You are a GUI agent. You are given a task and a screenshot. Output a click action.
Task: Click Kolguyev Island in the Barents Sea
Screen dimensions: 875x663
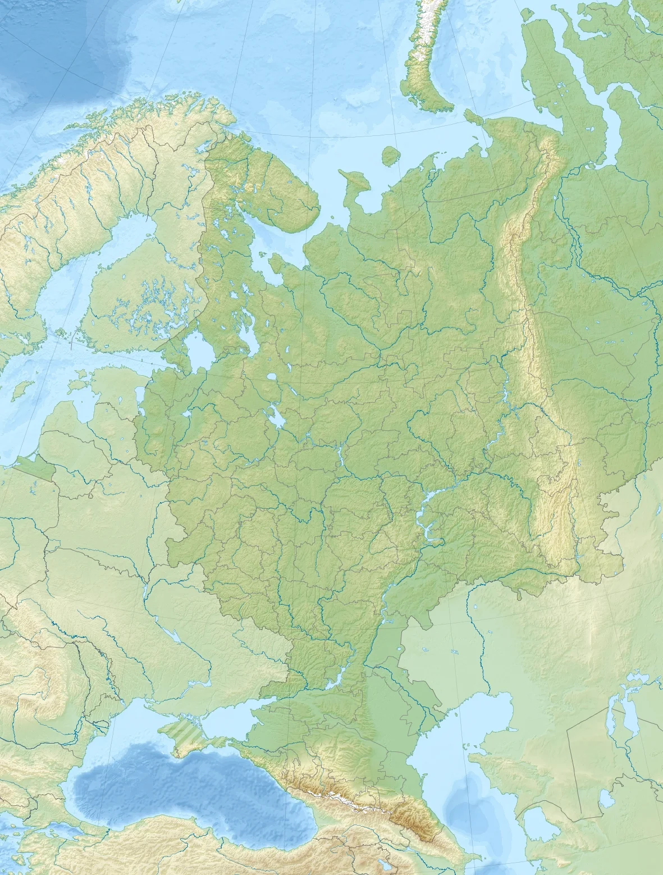pyautogui.click(x=390, y=156)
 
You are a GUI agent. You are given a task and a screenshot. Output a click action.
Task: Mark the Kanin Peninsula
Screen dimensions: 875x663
pyautogui.click(x=351, y=185)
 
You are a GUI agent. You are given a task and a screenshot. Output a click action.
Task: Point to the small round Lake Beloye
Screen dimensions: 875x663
pyautogui.click(x=272, y=377)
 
